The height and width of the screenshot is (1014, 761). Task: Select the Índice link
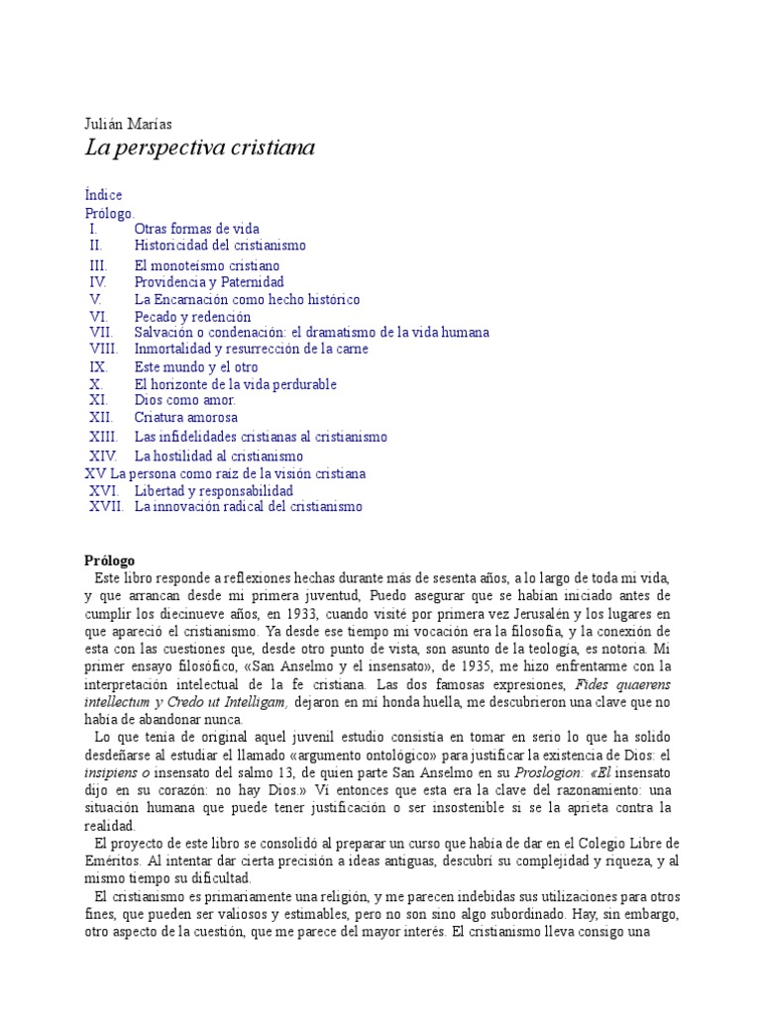[x=104, y=195]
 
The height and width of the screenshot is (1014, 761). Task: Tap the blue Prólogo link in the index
[x=109, y=213]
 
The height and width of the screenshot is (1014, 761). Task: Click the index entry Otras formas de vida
[x=196, y=229]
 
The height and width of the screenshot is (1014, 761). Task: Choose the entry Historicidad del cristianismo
[x=220, y=245]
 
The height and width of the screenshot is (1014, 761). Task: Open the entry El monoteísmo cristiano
[x=207, y=265]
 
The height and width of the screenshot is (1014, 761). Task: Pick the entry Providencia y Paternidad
[x=208, y=282]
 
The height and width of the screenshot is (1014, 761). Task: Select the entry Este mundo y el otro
[x=195, y=366]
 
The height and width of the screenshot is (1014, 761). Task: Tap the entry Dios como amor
[x=184, y=400]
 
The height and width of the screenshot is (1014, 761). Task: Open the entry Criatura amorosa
[x=185, y=418]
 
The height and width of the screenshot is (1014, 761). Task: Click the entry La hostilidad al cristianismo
[x=219, y=456]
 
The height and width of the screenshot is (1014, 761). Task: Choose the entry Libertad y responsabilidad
[x=213, y=490]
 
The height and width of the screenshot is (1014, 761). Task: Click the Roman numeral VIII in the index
[x=104, y=349]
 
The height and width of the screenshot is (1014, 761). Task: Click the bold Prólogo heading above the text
[x=109, y=560]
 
